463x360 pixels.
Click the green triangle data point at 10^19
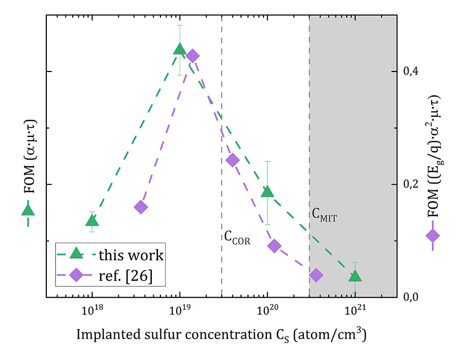pyautogui.click(x=180, y=49)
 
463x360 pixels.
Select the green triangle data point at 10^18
pyautogui.click(x=92, y=221)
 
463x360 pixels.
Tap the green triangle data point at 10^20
pyautogui.click(x=268, y=192)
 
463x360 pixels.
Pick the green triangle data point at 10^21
pyautogui.click(x=355, y=276)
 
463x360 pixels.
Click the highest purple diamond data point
pyautogui.click(x=193, y=56)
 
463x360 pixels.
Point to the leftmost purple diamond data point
pyautogui.click(x=141, y=207)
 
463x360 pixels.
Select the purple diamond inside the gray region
pyautogui.click(x=316, y=275)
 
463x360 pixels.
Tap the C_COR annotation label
pyautogui.click(x=237, y=238)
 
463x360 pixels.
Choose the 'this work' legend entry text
pyautogui.click(x=131, y=255)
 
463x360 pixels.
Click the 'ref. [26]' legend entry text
pyautogui.click(x=126, y=276)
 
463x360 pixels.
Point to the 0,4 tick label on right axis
pyautogui.click(x=411, y=71)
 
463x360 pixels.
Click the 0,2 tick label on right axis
pyautogui.click(x=411, y=184)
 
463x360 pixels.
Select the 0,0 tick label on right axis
pyautogui.click(x=411, y=297)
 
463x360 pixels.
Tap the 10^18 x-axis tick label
pyautogui.click(x=92, y=310)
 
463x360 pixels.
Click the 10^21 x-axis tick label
pyautogui.click(x=355, y=310)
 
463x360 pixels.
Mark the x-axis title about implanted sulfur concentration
pyautogui.click(x=221, y=335)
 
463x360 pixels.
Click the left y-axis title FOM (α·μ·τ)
pyautogui.click(x=29, y=156)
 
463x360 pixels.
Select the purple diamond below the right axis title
pyautogui.click(x=433, y=236)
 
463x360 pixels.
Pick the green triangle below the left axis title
pyautogui.click(x=28, y=210)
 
